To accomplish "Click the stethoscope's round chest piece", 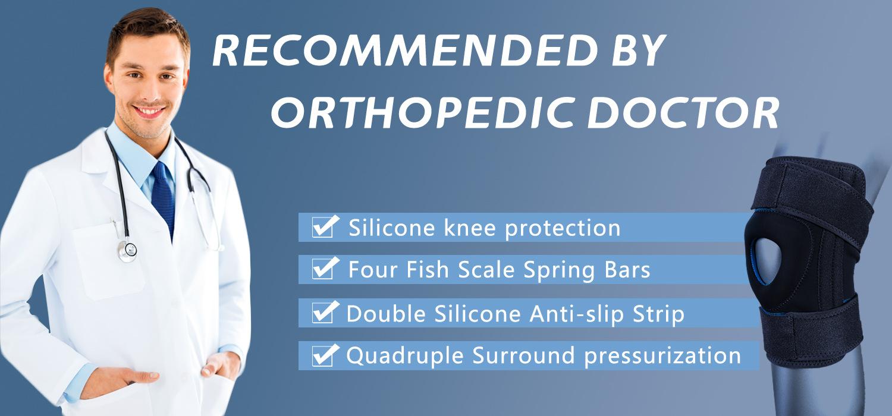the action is [x=127, y=251].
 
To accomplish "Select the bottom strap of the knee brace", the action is [x=808, y=332].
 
